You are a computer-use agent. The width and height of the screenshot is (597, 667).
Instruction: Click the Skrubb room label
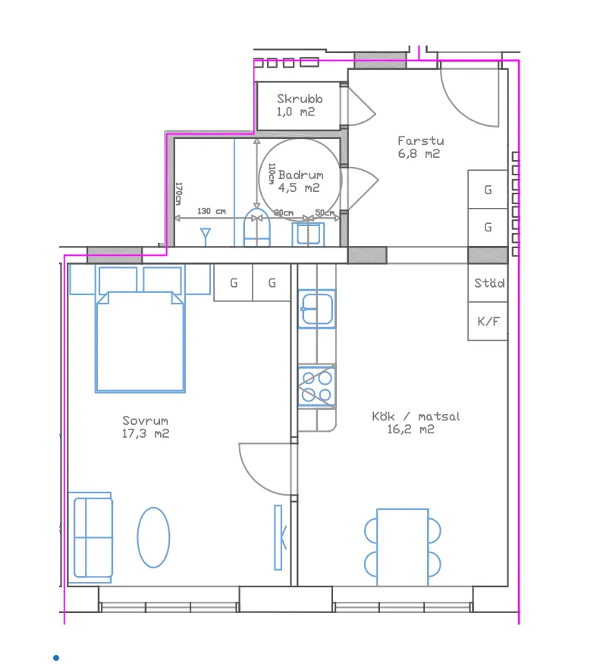click(x=300, y=99)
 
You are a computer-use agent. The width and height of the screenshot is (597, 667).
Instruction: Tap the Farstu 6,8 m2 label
click(x=420, y=147)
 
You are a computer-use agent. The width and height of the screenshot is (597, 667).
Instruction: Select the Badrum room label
click(x=301, y=175)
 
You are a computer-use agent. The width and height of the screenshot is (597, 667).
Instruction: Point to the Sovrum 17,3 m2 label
click(x=146, y=427)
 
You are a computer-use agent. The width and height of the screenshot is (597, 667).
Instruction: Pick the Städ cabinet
click(x=489, y=283)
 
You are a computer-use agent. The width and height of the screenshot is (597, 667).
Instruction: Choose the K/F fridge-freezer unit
click(x=489, y=321)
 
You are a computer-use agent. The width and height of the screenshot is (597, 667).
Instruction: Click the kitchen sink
click(x=317, y=309)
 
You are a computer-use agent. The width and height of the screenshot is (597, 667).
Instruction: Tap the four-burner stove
click(x=317, y=386)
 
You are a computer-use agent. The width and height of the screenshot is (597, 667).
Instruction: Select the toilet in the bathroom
click(x=257, y=228)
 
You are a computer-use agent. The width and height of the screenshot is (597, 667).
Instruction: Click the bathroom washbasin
click(x=308, y=234)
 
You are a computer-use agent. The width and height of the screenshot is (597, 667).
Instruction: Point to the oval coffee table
click(x=153, y=537)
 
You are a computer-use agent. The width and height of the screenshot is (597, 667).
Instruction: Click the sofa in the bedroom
click(x=91, y=538)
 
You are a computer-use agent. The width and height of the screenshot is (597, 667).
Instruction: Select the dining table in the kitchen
click(x=402, y=547)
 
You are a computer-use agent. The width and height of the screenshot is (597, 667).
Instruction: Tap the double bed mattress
click(x=140, y=341)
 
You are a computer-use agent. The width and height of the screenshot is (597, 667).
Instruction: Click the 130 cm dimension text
click(x=212, y=211)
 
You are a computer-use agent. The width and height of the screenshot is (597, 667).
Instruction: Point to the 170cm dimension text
click(x=179, y=194)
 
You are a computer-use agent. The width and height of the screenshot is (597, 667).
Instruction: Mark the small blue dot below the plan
click(x=56, y=658)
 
